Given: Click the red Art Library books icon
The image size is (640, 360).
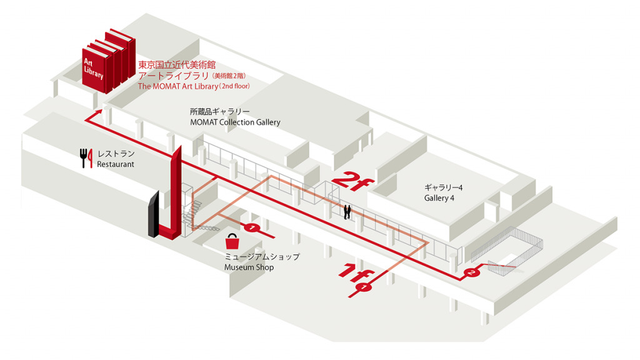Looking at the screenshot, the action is (x=109, y=61).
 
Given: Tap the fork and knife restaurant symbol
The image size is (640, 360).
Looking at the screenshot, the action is (x=86, y=158).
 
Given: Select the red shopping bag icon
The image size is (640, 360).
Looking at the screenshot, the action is (x=232, y=242).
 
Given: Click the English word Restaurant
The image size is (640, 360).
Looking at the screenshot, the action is (x=116, y=164).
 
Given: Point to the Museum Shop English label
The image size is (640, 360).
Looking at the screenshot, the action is (x=249, y=267).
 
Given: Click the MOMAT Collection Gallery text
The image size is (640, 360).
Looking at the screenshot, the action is (x=235, y=122).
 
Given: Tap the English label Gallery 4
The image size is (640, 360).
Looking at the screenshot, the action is (x=439, y=198).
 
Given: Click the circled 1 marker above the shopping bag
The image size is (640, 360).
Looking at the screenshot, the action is (x=252, y=227).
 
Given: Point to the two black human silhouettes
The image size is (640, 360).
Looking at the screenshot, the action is (x=347, y=212).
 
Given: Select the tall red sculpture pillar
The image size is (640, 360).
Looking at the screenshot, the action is (x=171, y=194).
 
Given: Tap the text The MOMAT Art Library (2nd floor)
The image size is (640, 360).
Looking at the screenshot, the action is (x=194, y=86).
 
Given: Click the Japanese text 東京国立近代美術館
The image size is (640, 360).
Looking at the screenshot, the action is (x=177, y=64).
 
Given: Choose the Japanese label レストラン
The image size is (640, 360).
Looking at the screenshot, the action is (x=116, y=154).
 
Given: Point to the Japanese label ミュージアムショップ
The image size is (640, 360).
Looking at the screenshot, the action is (x=262, y=257).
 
